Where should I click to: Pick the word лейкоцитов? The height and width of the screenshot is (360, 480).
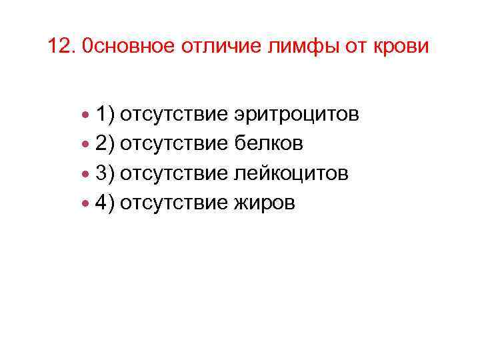pos(291,173)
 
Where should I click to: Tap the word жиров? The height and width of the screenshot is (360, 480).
pos(263,203)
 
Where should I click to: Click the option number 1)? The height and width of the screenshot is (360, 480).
pos(105,115)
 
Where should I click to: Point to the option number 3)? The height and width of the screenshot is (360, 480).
pos(105,173)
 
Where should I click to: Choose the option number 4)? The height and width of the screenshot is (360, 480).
pos(105,203)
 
